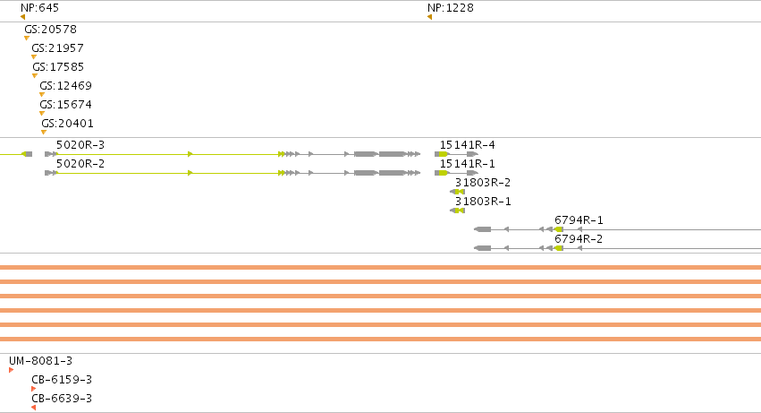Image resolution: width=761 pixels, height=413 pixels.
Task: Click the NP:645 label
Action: coord(40,8)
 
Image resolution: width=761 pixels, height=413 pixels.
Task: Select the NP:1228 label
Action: coord(451,8)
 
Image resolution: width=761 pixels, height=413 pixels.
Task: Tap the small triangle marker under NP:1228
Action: coord(429,18)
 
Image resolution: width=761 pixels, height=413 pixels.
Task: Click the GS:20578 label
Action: coord(50,30)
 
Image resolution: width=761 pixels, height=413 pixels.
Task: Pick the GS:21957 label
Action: coord(58,48)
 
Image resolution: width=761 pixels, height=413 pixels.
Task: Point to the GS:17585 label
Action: coord(58,66)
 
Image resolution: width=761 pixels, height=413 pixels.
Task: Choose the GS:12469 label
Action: coord(66,86)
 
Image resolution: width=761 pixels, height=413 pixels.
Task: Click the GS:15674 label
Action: coord(66,105)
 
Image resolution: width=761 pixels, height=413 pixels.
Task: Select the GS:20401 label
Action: coord(67,123)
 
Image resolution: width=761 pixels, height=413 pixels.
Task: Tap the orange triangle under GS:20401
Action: coord(44,132)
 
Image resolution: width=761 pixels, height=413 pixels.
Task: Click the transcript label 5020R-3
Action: coord(80,145)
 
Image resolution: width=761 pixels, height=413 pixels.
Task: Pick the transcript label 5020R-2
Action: coord(80,164)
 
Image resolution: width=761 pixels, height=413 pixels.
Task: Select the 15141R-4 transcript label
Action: coord(468,145)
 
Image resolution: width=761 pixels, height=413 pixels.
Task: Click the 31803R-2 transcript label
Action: coord(483,183)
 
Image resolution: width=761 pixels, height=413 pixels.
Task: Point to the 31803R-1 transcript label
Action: coord(483,202)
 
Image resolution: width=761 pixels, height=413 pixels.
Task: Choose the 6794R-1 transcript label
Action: coord(579,220)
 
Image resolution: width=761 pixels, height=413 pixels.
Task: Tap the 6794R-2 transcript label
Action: coord(579,239)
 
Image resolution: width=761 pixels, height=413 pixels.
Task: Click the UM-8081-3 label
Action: coord(41,361)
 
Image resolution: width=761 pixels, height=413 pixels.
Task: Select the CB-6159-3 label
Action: coord(62,380)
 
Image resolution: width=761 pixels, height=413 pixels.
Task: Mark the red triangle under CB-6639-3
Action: coord(33,408)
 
